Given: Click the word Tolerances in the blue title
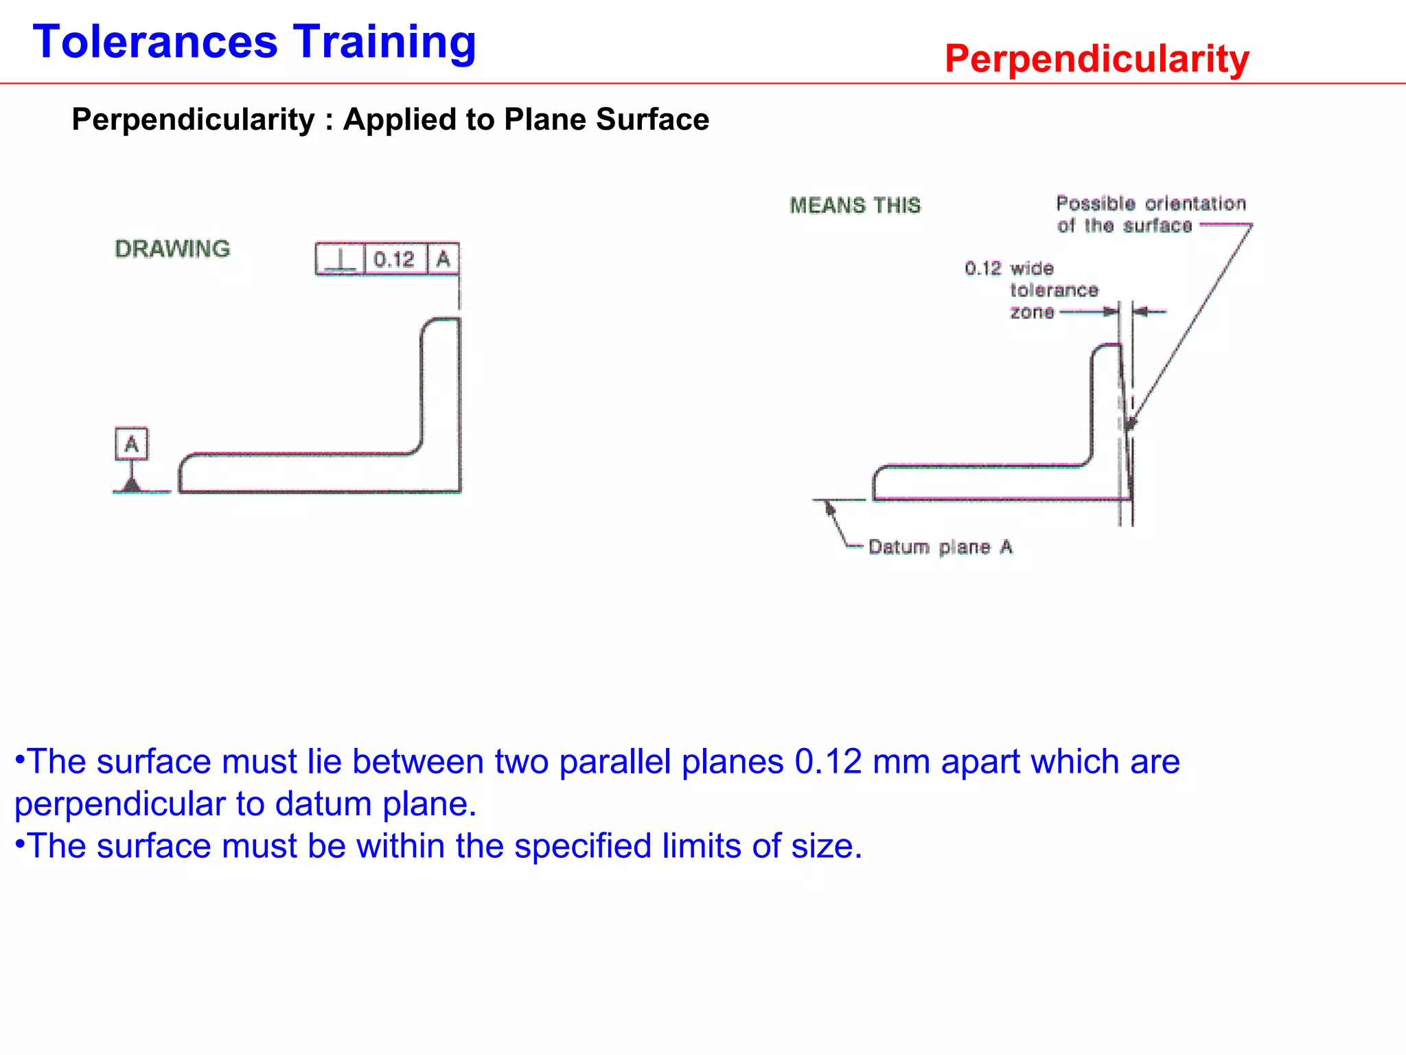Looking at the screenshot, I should [x=155, y=43].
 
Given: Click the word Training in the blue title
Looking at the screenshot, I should [x=384, y=43].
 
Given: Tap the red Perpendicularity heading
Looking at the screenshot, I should [x=1096, y=59].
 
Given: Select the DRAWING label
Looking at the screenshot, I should [x=172, y=249].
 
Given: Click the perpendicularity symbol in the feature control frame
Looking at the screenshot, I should [x=340, y=260].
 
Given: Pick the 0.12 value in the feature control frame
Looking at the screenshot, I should [x=394, y=260].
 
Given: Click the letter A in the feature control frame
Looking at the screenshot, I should [x=443, y=260].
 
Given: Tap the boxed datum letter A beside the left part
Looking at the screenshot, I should [x=131, y=444].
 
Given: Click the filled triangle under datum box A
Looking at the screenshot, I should [x=131, y=485].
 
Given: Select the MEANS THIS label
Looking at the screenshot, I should [x=855, y=205].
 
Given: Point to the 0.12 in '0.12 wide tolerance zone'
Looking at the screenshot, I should [x=982, y=268].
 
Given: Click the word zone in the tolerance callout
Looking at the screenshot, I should [x=1031, y=313].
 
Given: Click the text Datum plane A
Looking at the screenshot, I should [x=940, y=547].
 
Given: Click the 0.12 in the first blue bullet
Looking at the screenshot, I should [x=827, y=762].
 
